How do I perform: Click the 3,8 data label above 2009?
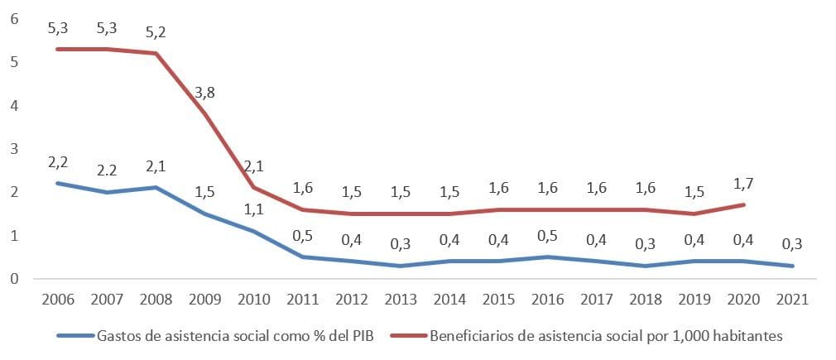(x=205, y=92)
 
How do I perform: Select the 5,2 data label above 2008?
(x=155, y=32)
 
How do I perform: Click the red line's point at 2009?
(x=205, y=113)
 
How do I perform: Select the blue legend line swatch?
(x=75, y=336)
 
